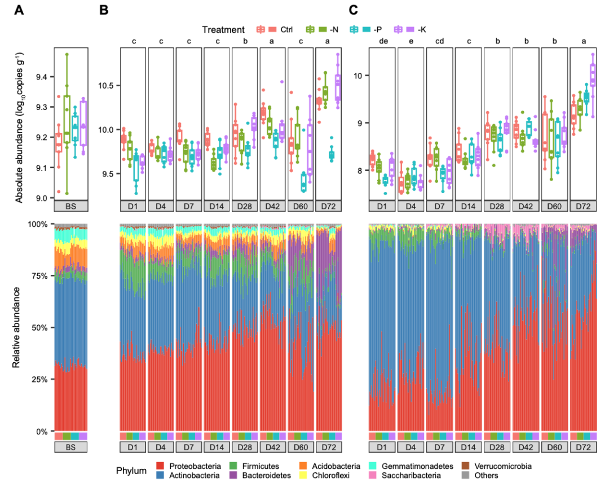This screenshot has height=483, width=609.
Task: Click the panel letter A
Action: pos(20,10)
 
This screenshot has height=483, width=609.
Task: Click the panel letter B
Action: pos(104,10)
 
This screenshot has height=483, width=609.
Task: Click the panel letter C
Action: pos(354,10)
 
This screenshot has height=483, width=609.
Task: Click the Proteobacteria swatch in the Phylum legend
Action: pos(161,467)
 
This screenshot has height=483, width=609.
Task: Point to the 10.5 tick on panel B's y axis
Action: pos(105,86)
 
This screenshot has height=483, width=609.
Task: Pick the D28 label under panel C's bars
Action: pos(497,447)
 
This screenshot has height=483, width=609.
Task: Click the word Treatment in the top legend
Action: pos(224,30)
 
